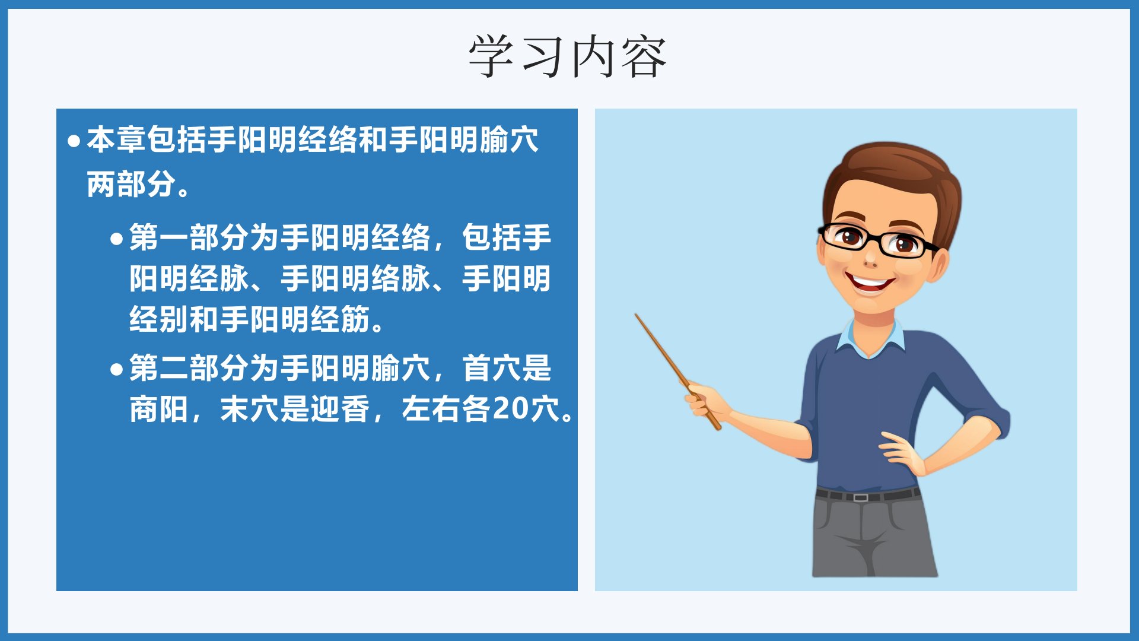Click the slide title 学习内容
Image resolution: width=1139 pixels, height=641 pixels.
coord(568,56)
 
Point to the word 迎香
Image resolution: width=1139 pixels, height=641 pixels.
coord(341,409)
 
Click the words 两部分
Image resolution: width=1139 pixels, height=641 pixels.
coord(132,184)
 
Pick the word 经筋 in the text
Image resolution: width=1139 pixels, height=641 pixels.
coord(341,319)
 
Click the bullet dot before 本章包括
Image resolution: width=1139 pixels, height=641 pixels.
coord(74,141)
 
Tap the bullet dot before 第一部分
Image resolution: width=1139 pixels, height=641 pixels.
coord(116,239)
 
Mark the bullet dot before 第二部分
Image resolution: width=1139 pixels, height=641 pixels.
coord(116,370)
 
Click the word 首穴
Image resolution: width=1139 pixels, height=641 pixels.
coord(492,368)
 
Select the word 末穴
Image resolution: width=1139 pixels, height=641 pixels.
coord(250,409)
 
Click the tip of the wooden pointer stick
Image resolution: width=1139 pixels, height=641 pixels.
coord(636,315)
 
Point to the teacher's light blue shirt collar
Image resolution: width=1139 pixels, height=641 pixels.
coord(871,338)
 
